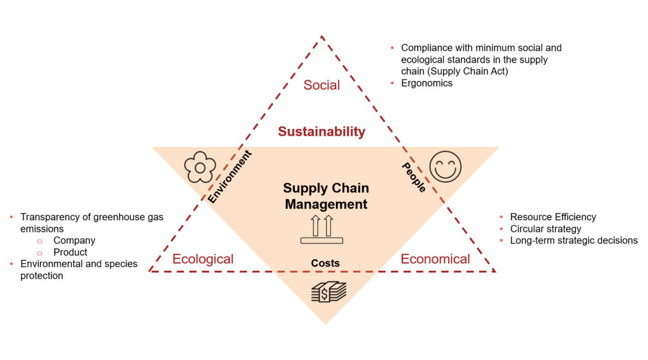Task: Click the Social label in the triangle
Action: point(321,85)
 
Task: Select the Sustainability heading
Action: point(321,132)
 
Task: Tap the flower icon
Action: point(199,167)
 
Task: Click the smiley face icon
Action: point(445,167)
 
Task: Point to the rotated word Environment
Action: point(230,177)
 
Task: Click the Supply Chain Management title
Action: point(326,196)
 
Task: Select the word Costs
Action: point(325,263)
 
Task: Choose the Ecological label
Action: point(202,259)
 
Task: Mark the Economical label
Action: point(435,259)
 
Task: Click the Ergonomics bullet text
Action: point(427,83)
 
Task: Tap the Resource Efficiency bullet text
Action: point(553,217)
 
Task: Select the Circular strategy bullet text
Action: point(545,228)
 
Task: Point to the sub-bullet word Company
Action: point(74,240)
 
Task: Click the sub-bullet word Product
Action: point(70,252)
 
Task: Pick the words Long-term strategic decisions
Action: point(574,240)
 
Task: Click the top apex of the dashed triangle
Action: point(322,37)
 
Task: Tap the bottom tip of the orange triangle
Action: point(325,323)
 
